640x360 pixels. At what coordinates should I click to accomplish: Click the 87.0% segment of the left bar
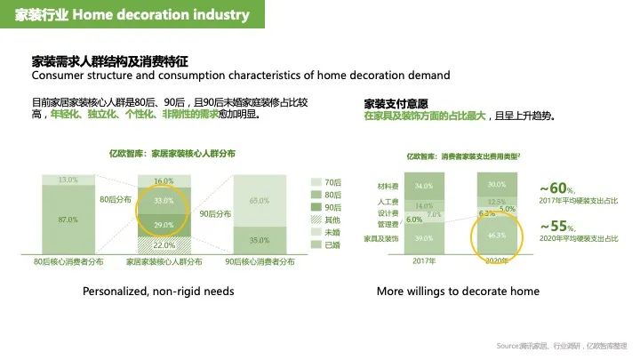click(x=68, y=219)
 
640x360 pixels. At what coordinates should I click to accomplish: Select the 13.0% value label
click(x=68, y=180)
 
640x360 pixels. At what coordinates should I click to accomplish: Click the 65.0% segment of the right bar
click(x=260, y=201)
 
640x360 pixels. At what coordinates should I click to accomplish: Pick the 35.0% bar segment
click(x=260, y=240)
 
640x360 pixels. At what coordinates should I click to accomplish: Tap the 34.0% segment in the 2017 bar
click(x=424, y=186)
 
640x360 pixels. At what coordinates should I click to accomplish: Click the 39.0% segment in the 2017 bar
click(x=424, y=238)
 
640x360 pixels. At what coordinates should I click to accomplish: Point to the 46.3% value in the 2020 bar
click(x=497, y=236)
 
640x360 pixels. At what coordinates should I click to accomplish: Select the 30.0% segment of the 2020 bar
click(x=497, y=184)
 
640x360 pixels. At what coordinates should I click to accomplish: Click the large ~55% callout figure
click(x=558, y=227)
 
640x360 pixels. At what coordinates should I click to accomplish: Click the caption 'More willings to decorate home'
click(x=458, y=291)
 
